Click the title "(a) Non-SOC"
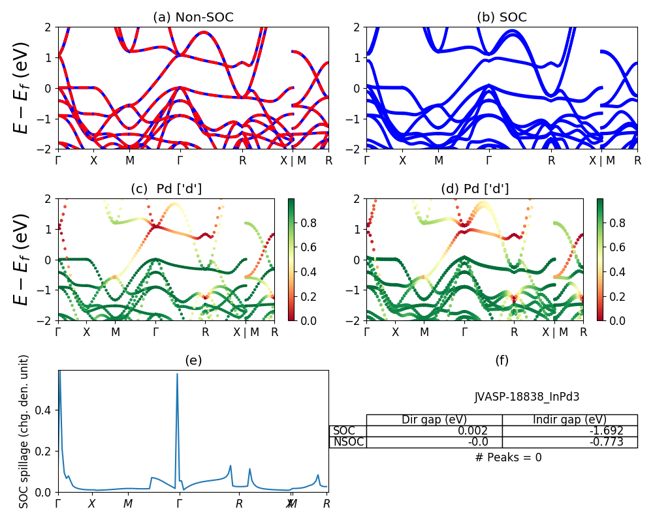click(x=193, y=18)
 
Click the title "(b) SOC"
click(x=502, y=18)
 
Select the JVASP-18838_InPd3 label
click(x=527, y=396)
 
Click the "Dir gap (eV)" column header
click(x=434, y=420)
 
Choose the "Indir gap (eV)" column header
click(x=569, y=420)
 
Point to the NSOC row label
click(x=348, y=442)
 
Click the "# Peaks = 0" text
click(x=508, y=457)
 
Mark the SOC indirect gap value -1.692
click(x=605, y=431)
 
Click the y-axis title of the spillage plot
click(x=24, y=431)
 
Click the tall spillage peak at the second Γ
click(x=177, y=375)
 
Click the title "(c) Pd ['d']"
click(x=167, y=189)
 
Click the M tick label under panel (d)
click(x=424, y=331)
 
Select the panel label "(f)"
click(x=502, y=360)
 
